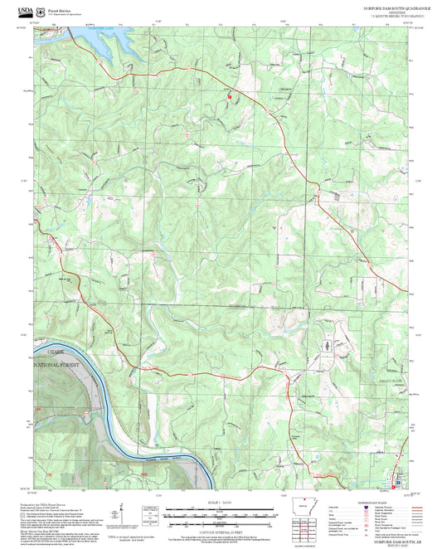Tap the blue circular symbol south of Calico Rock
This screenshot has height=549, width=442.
click(x=399, y=482)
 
